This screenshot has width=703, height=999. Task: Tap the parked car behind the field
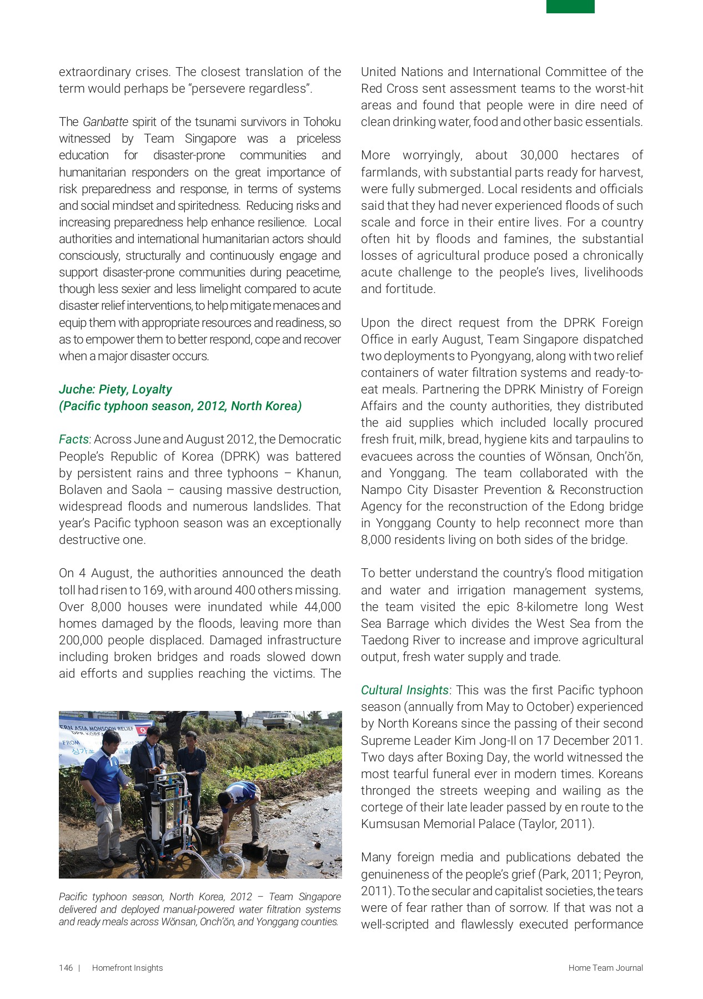pyautogui.click(x=282, y=720)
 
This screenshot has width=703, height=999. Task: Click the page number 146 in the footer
pyautogui.click(x=66, y=968)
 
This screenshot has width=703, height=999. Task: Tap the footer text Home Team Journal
pyautogui.click(x=605, y=968)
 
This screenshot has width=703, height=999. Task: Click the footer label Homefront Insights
pyautogui.click(x=127, y=968)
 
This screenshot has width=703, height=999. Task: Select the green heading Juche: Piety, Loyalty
pyautogui.click(x=116, y=389)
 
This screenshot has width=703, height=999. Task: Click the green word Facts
pyautogui.click(x=73, y=440)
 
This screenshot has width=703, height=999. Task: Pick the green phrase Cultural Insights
pyautogui.click(x=404, y=690)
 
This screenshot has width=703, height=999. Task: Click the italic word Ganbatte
pyautogui.click(x=106, y=122)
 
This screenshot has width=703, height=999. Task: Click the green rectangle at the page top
pyautogui.click(x=570, y=7)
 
